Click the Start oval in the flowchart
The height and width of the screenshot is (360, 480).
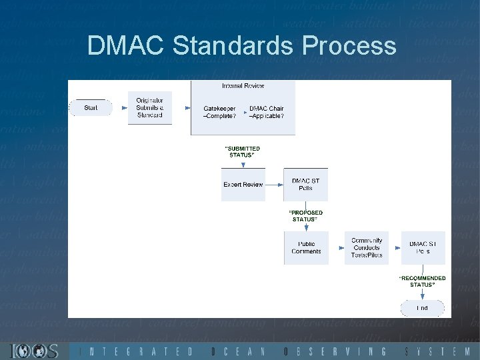(91, 107)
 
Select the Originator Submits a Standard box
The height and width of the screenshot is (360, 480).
(149, 107)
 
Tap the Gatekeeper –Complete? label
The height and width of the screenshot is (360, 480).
(219, 112)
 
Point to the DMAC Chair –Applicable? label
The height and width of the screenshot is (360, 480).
(266, 112)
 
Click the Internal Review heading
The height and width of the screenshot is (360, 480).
(243, 86)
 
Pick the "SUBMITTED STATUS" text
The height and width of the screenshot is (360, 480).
(243, 151)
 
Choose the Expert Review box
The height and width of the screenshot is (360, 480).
(243, 184)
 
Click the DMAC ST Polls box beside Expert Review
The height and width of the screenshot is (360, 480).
(305, 184)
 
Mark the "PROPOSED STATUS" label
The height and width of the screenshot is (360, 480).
(305, 215)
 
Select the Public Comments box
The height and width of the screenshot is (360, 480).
(306, 247)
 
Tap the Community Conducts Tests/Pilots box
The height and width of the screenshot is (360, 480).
(367, 247)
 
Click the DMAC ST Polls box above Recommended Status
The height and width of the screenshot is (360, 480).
(423, 247)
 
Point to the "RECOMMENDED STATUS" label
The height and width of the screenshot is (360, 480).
(422, 281)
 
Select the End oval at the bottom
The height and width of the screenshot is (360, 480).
(422, 307)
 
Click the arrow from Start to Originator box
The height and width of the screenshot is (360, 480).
(120, 107)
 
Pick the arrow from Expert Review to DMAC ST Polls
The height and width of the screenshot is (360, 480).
(274, 184)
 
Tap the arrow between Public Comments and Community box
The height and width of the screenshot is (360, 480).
(337, 247)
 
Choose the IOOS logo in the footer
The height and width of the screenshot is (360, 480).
(34, 351)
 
